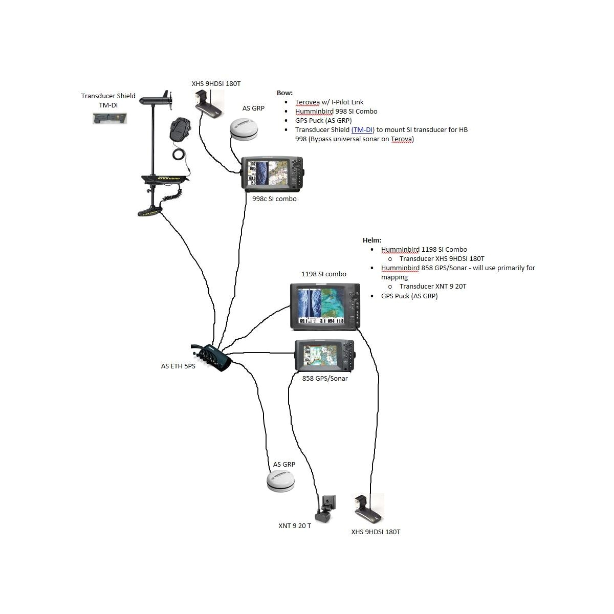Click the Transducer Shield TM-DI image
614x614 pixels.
click(x=109, y=119)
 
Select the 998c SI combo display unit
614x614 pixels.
click(x=272, y=173)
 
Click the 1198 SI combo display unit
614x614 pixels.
click(x=325, y=306)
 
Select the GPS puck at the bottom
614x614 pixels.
click(x=280, y=481)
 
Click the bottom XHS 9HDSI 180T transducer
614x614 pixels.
click(x=368, y=509)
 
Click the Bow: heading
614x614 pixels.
click(x=284, y=93)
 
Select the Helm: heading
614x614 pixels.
click(x=371, y=240)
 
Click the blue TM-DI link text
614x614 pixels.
click(x=363, y=130)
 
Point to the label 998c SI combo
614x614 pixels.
click(x=274, y=199)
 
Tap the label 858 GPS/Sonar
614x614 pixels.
click(x=325, y=379)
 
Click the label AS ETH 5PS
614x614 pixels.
click(x=178, y=366)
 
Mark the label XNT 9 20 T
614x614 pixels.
click(x=295, y=526)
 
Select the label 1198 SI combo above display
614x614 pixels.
click(x=323, y=274)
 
